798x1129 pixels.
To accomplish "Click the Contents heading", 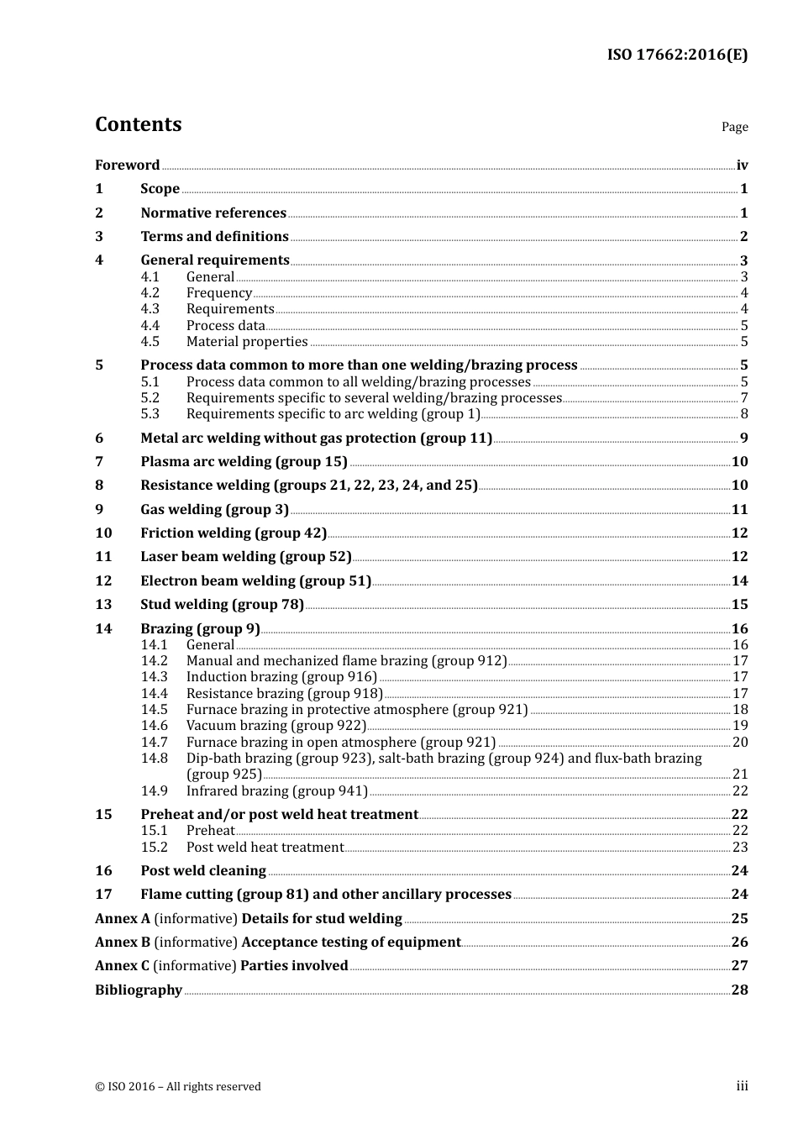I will click(x=138, y=124).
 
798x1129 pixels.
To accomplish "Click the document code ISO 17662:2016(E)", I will click(x=677, y=55).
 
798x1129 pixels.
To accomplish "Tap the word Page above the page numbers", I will click(x=734, y=127).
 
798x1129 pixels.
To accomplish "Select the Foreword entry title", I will click(x=127, y=165).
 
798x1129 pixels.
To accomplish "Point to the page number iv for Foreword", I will click(x=742, y=165).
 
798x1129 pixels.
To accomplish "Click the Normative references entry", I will click(x=213, y=213).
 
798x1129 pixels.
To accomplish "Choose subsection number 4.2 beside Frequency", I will click(x=150, y=293).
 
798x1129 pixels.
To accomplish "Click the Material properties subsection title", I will click(x=247, y=342).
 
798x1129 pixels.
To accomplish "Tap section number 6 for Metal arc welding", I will click(x=99, y=438).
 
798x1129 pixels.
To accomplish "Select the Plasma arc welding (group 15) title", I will click(x=244, y=462).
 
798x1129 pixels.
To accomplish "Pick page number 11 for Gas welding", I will click(x=739, y=510).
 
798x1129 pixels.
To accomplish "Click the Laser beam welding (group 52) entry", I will click(x=246, y=557).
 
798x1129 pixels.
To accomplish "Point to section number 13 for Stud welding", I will click(x=103, y=605).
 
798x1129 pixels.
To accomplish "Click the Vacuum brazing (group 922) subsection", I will click(x=276, y=726).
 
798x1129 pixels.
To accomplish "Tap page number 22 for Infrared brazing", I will click(x=740, y=791).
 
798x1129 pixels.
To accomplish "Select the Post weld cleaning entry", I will click(x=203, y=871).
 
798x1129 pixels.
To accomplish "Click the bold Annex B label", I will click(x=123, y=943).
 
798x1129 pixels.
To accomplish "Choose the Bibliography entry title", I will click(x=139, y=990).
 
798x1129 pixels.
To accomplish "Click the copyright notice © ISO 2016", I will click(x=178, y=1087).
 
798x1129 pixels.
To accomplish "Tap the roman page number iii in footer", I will click(x=743, y=1086).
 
